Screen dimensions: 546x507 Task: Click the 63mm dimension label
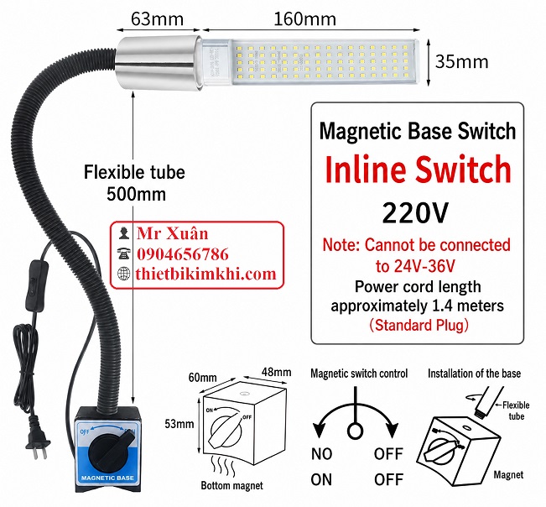157,18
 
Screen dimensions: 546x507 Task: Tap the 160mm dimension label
305,18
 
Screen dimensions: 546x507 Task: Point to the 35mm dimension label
462,62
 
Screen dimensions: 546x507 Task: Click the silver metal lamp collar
159,64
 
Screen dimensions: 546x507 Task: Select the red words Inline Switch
418,169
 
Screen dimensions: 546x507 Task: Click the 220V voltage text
415,213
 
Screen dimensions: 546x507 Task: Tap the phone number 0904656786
183,254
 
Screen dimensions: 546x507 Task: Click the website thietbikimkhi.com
205,274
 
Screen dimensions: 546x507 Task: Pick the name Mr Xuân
173,233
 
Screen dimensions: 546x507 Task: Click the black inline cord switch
35,285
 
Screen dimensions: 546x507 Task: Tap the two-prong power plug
37,446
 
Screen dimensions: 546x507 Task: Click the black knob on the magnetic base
107,452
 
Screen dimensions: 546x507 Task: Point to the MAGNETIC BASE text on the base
107,478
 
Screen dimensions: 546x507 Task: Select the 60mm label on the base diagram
202,377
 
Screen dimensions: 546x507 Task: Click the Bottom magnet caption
232,485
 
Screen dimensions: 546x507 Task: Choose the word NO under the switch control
322,454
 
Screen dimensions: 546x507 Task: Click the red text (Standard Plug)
419,325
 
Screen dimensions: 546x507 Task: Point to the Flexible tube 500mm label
134,183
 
